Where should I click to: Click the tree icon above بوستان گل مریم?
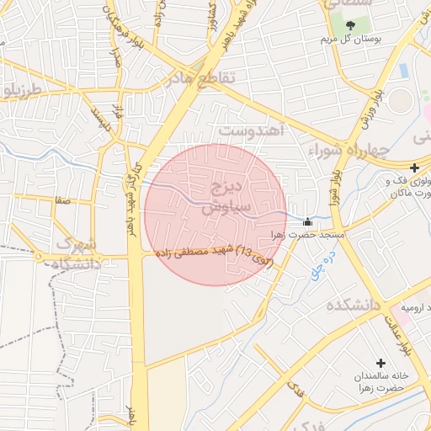point(350,24)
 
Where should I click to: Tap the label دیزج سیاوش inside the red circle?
point(215,194)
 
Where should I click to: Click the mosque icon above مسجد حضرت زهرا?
point(306,222)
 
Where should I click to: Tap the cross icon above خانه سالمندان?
point(383,362)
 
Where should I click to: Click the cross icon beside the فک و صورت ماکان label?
point(414,168)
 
